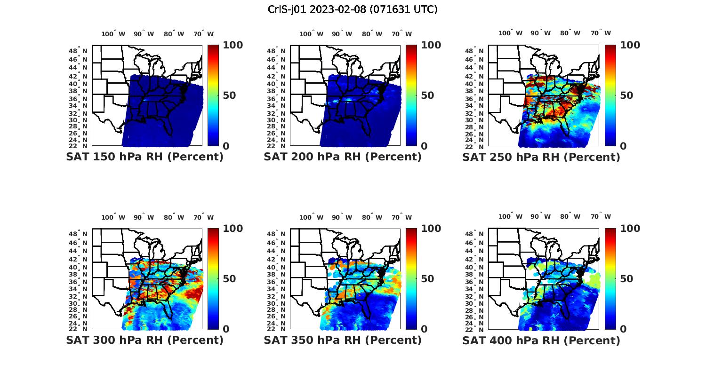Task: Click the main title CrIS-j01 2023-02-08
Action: [x=353, y=9]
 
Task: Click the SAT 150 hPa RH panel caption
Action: [x=144, y=157]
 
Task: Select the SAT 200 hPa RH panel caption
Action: [x=343, y=157]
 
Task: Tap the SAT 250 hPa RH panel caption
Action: [x=541, y=157]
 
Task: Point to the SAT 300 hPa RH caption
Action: [x=144, y=340]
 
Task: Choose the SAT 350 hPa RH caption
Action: [x=343, y=340]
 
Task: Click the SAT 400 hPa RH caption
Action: [x=541, y=340]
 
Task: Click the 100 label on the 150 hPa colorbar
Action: [x=233, y=45]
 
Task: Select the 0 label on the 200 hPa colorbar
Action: [x=424, y=146]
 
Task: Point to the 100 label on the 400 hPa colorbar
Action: [x=630, y=229]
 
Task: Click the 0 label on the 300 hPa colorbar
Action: [x=226, y=329]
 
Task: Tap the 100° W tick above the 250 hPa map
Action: [x=510, y=33]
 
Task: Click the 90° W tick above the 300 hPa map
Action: [x=144, y=217]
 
